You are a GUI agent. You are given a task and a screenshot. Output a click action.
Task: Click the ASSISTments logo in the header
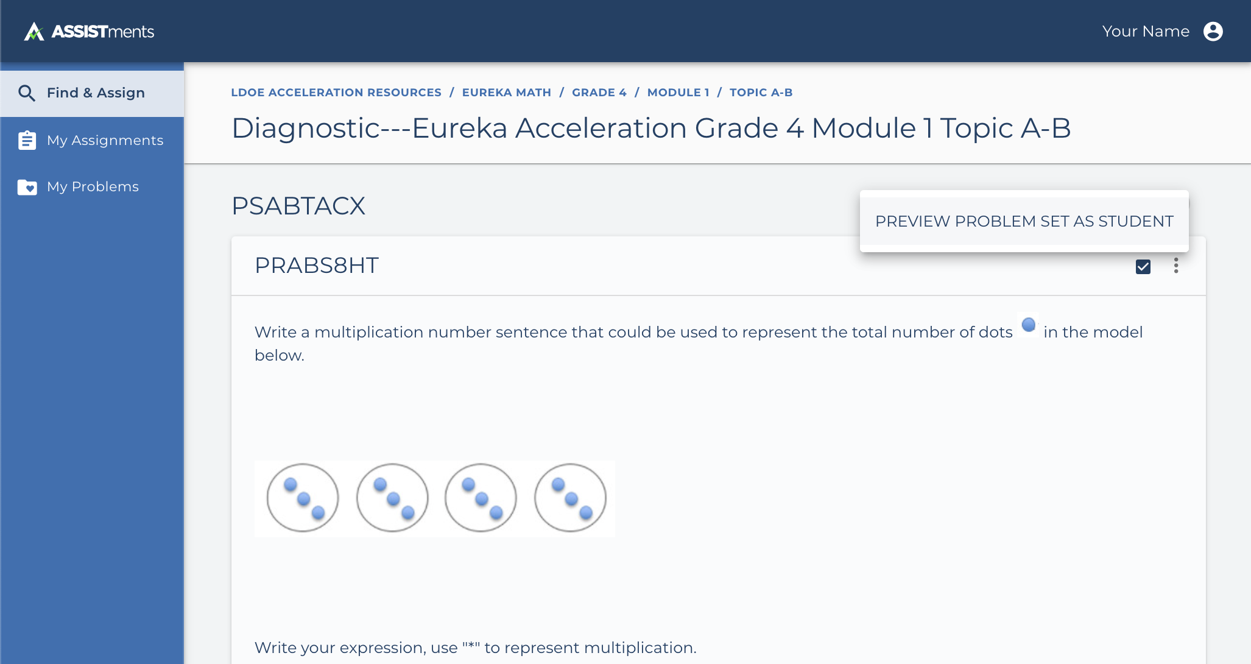[x=89, y=31]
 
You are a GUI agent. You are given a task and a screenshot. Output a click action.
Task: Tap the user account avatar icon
[x=1213, y=31]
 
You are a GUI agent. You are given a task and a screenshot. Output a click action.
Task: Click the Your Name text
[x=1146, y=31]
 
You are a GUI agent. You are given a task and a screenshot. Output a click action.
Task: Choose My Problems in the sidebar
[x=92, y=186]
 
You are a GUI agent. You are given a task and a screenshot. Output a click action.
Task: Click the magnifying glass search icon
[x=27, y=93]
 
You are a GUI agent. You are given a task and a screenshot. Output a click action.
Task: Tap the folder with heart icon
[x=27, y=187]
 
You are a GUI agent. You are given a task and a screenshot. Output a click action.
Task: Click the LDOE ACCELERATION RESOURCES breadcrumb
[x=336, y=93]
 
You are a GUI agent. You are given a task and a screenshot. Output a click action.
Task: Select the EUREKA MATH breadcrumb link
[x=507, y=93]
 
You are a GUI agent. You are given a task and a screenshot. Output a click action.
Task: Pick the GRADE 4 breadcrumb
[x=599, y=93]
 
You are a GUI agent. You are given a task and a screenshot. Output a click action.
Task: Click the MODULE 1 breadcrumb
[x=678, y=93]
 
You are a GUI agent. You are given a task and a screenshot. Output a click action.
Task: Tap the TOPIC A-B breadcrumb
[x=761, y=93]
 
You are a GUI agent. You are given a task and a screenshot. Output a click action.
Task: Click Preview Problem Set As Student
[x=1024, y=221]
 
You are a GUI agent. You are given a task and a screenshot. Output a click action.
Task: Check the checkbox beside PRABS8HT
[x=1143, y=267]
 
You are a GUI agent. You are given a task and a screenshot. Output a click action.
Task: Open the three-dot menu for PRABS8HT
[x=1176, y=266]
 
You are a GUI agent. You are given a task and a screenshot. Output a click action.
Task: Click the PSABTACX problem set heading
[x=298, y=206]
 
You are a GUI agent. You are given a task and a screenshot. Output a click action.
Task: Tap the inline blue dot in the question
[x=1029, y=325]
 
